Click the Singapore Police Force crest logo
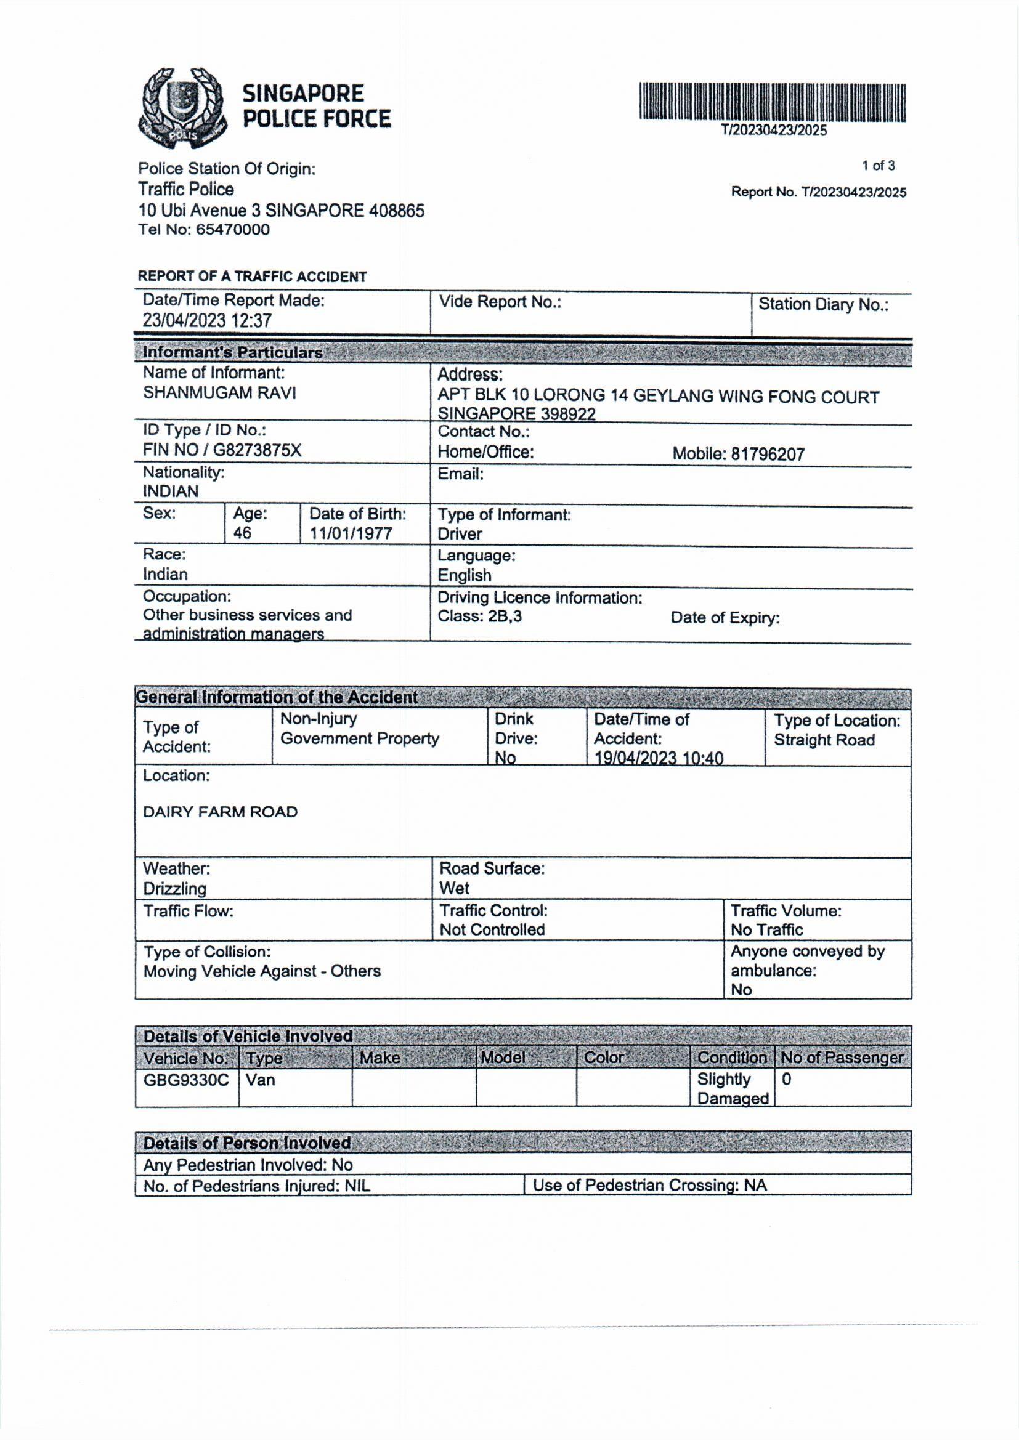[181, 107]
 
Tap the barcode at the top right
[773, 102]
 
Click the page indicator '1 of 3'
[878, 166]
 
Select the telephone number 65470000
[232, 230]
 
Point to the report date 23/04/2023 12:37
[207, 320]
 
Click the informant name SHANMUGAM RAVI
[219, 392]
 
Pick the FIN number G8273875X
[258, 450]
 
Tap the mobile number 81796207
[768, 454]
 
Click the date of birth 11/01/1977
[350, 533]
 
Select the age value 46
[242, 533]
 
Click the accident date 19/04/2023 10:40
[658, 758]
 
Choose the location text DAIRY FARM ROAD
[220, 812]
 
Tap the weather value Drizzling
[174, 888]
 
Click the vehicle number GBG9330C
[186, 1080]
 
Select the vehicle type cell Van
[260, 1080]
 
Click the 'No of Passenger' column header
[842, 1058]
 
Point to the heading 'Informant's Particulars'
[232, 352]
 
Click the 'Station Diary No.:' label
[823, 305]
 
